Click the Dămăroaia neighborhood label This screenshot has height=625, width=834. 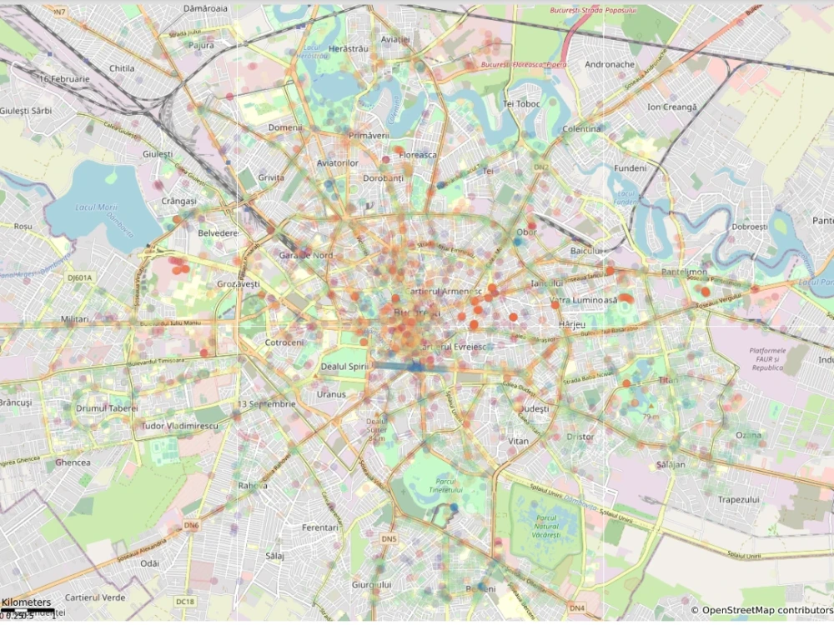point(205,7)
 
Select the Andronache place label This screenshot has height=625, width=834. point(610,65)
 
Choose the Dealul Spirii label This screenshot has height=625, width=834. point(345,367)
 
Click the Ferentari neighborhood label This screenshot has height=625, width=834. point(320,527)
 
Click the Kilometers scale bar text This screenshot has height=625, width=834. point(26,602)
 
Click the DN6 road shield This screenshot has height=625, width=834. point(192,526)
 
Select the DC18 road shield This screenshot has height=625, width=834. point(185,601)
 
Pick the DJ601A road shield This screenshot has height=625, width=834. point(81,277)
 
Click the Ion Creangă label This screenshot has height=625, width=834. point(671,107)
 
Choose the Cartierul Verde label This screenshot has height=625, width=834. point(95,597)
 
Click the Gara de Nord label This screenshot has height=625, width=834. point(306,255)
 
